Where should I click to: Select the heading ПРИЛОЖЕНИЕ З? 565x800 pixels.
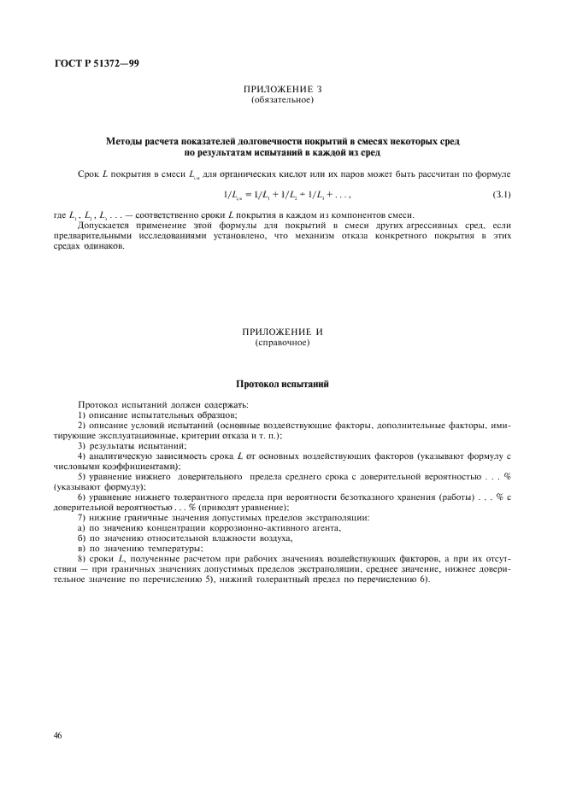[x=282, y=90]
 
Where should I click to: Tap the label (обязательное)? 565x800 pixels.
[x=282, y=100]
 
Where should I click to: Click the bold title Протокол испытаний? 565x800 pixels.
[x=282, y=385]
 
